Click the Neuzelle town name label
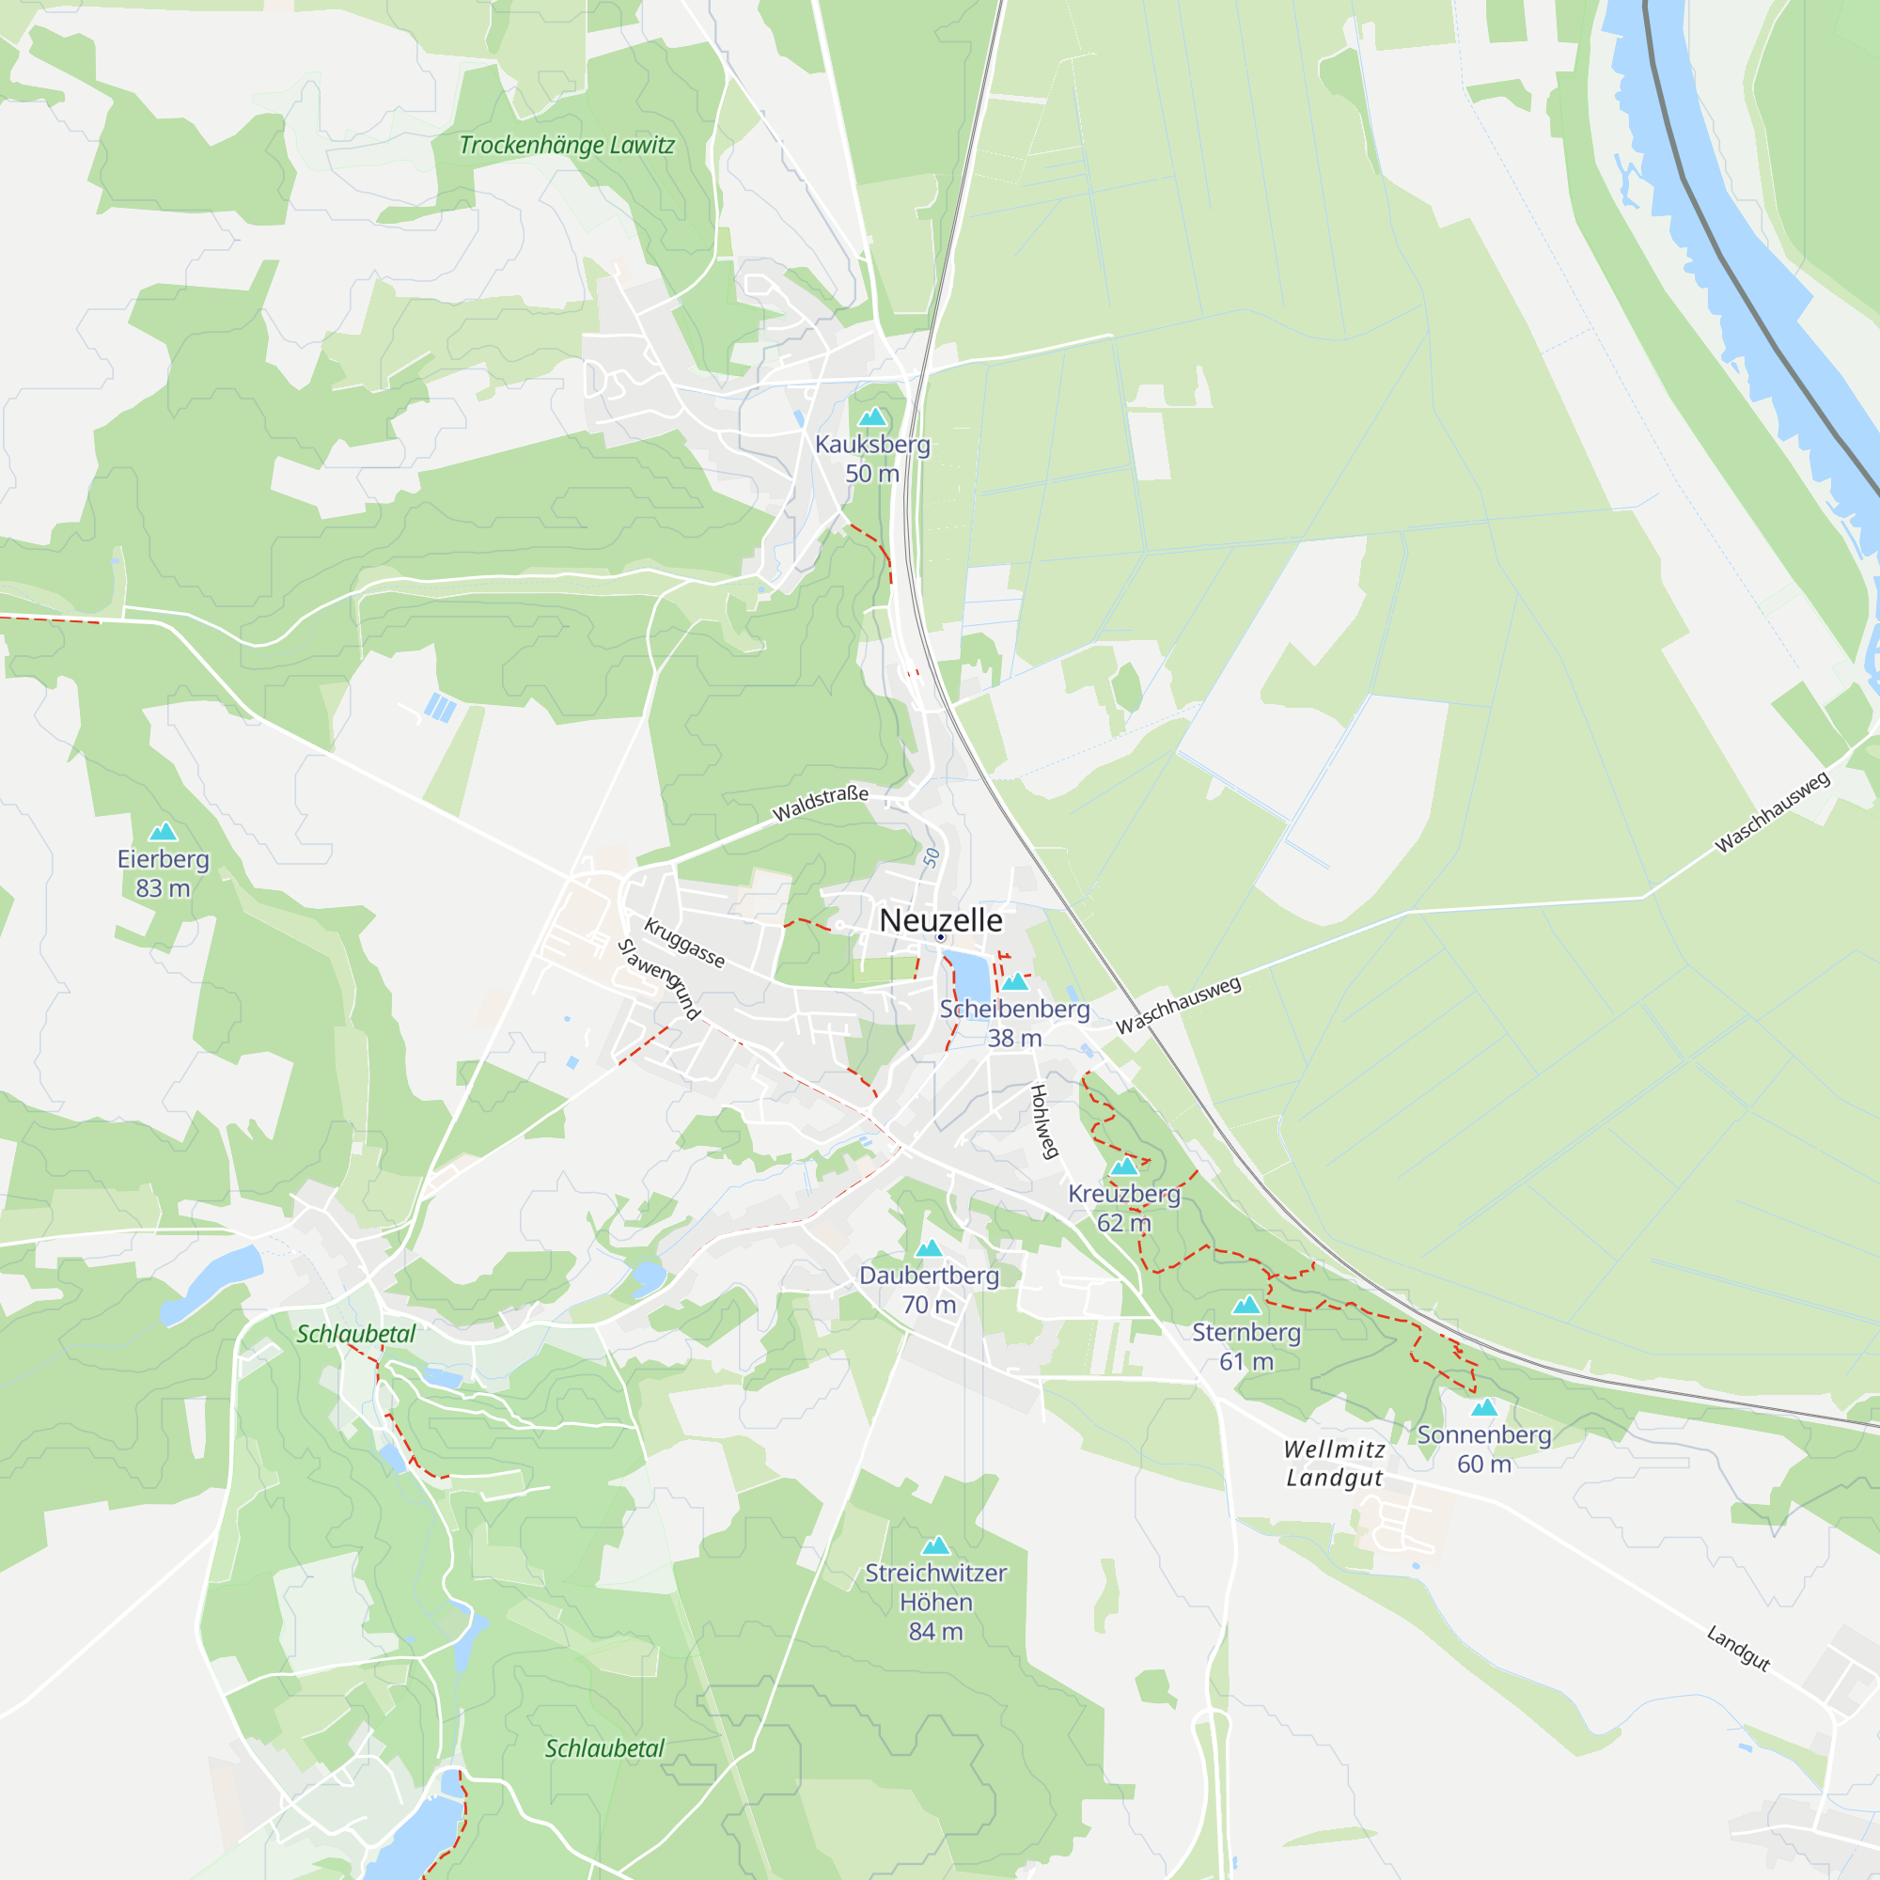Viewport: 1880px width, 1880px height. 940,919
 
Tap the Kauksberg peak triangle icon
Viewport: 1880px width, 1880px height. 872,417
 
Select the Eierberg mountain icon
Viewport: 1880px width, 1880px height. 163,832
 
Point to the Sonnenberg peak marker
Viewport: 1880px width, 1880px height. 1484,1407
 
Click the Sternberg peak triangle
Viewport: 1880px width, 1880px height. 1245,1305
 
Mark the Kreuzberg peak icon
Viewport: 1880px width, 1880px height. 1124,1166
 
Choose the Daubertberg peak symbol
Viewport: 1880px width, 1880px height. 929,1248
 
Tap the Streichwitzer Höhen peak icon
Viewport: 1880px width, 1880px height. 935,1545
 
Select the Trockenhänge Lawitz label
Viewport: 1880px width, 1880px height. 566,146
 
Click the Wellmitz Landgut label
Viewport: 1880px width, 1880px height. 1334,1464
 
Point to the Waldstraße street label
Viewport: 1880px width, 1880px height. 820,804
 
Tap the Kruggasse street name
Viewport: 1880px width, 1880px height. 684,943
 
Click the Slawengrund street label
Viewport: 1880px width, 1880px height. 659,979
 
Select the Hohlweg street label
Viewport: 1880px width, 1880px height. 1043,1121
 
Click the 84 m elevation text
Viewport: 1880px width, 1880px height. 935,1632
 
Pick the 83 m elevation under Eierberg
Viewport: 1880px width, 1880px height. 163,888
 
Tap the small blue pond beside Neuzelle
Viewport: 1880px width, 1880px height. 969,973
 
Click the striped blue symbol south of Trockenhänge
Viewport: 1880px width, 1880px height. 440,708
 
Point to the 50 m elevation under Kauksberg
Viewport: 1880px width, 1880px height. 872,474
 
